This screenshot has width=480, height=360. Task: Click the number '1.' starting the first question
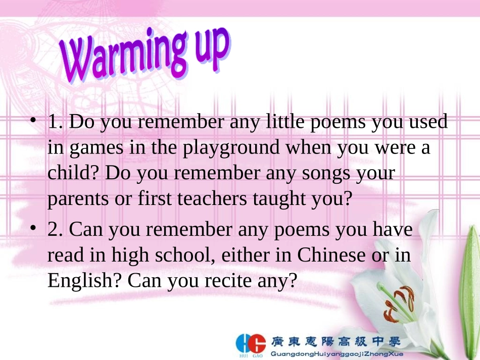tap(55, 122)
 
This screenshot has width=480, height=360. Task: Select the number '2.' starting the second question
tap(55, 230)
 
